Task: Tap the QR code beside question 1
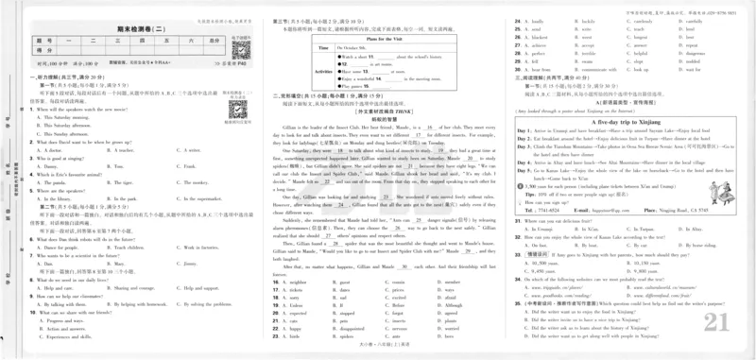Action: pyautogui.click(x=234, y=108)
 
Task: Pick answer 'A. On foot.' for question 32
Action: pyautogui.click(x=537, y=271)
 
